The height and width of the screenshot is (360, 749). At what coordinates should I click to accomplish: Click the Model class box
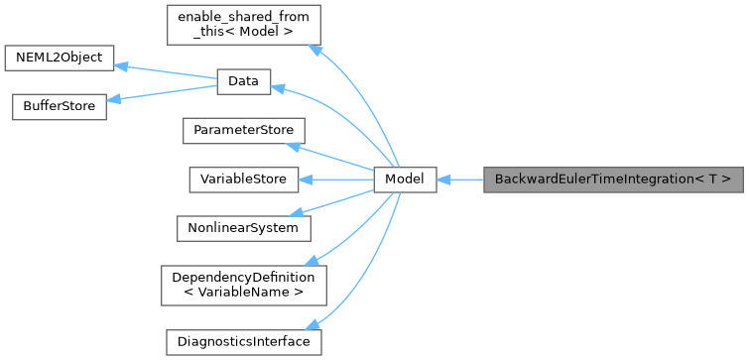tap(405, 180)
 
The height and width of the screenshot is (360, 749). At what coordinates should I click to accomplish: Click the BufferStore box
tap(58, 106)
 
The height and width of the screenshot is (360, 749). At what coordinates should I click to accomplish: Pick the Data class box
tap(244, 83)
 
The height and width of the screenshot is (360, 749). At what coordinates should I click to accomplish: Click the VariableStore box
tap(243, 180)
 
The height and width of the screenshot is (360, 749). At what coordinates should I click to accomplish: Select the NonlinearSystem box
tap(243, 227)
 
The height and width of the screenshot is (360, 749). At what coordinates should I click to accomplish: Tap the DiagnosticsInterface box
tap(243, 341)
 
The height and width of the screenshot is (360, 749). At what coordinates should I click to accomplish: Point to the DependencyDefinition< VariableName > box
tap(243, 284)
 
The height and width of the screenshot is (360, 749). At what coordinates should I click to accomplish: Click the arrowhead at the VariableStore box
tap(307, 180)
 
